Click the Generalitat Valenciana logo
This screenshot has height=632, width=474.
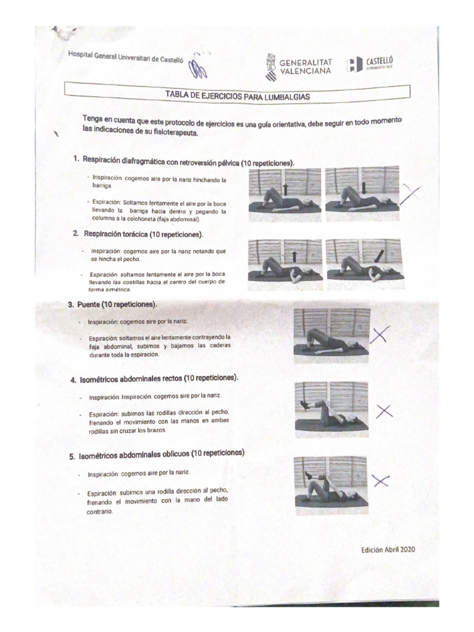(x=298, y=65)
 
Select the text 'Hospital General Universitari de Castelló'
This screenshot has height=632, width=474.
(x=126, y=57)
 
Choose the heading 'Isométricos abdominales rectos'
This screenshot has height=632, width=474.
(x=157, y=378)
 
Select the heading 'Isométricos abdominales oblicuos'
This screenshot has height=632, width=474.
(x=160, y=454)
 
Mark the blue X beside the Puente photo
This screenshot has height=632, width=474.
(x=380, y=335)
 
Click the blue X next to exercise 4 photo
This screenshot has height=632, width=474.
(x=383, y=411)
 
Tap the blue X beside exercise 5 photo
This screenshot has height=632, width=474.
(x=380, y=481)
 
